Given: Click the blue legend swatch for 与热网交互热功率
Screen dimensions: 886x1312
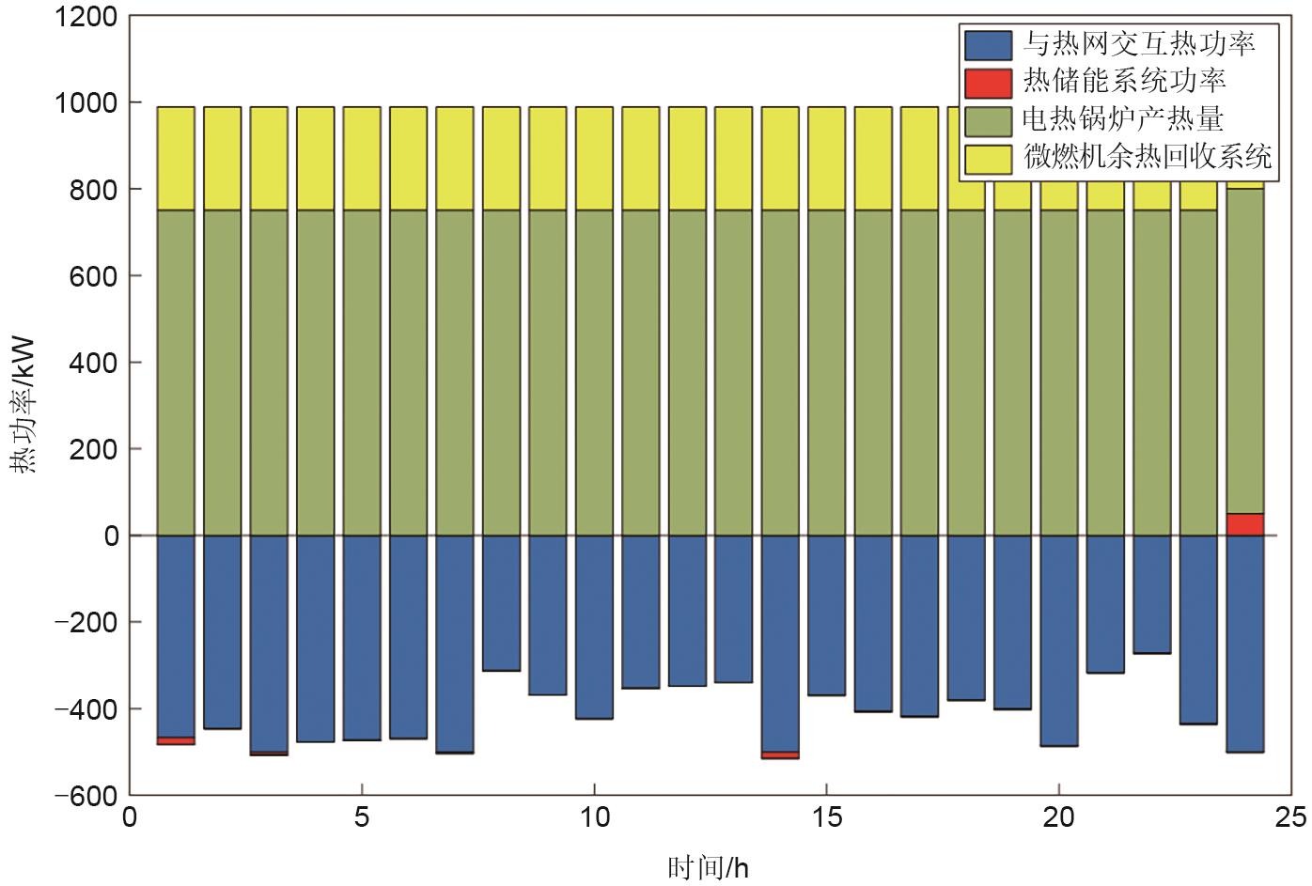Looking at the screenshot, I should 988,44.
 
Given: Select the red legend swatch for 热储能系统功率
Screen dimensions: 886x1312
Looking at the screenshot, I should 988,83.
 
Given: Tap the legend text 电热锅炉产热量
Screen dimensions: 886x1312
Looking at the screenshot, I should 1123,119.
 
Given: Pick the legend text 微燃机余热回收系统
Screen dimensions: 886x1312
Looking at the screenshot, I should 1148,157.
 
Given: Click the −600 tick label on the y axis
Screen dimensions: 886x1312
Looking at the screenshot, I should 86,796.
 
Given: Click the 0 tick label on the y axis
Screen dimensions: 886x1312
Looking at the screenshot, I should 112,536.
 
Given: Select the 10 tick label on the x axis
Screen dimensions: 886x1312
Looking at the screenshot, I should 594,817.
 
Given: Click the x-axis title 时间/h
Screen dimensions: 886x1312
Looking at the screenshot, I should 709,866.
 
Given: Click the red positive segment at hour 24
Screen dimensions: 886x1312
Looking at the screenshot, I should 1244,524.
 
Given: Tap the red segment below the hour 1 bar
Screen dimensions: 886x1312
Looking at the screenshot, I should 176,740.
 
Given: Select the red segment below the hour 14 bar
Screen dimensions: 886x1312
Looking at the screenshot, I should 780,754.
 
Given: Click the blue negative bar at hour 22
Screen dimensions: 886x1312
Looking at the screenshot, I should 1151,594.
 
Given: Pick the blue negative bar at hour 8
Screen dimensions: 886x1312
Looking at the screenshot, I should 501,602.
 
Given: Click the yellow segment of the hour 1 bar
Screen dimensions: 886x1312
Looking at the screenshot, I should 176,158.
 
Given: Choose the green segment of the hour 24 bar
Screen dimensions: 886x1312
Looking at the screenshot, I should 1244,351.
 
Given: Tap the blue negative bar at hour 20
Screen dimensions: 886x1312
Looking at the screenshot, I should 1059,640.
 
